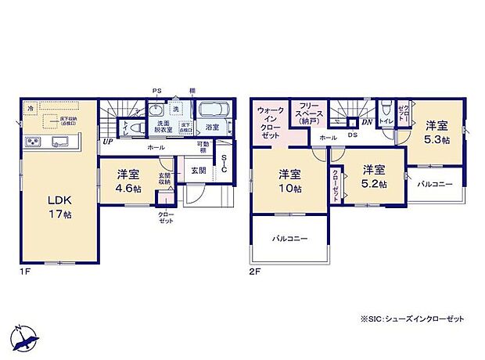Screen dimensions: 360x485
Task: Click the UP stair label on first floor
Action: point(106,142)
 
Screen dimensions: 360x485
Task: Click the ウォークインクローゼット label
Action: point(270,123)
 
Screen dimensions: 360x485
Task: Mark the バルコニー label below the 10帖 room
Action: point(289,237)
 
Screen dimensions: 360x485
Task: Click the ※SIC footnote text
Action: point(412,319)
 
